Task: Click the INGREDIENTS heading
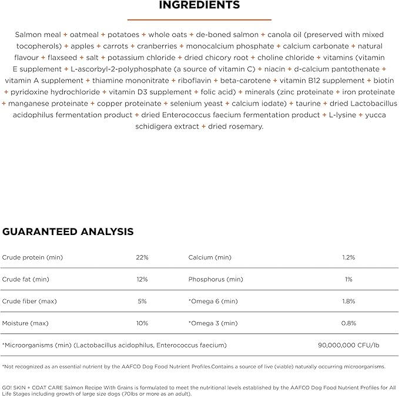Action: point(199,5)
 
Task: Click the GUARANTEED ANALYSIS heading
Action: point(68,231)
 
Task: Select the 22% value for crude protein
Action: point(142,257)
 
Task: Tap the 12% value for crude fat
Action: point(142,279)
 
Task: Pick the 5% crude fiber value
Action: point(142,301)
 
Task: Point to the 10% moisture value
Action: point(142,323)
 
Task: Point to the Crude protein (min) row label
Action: point(32,257)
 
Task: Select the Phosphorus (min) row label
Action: point(216,279)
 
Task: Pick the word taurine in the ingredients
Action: point(308,104)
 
